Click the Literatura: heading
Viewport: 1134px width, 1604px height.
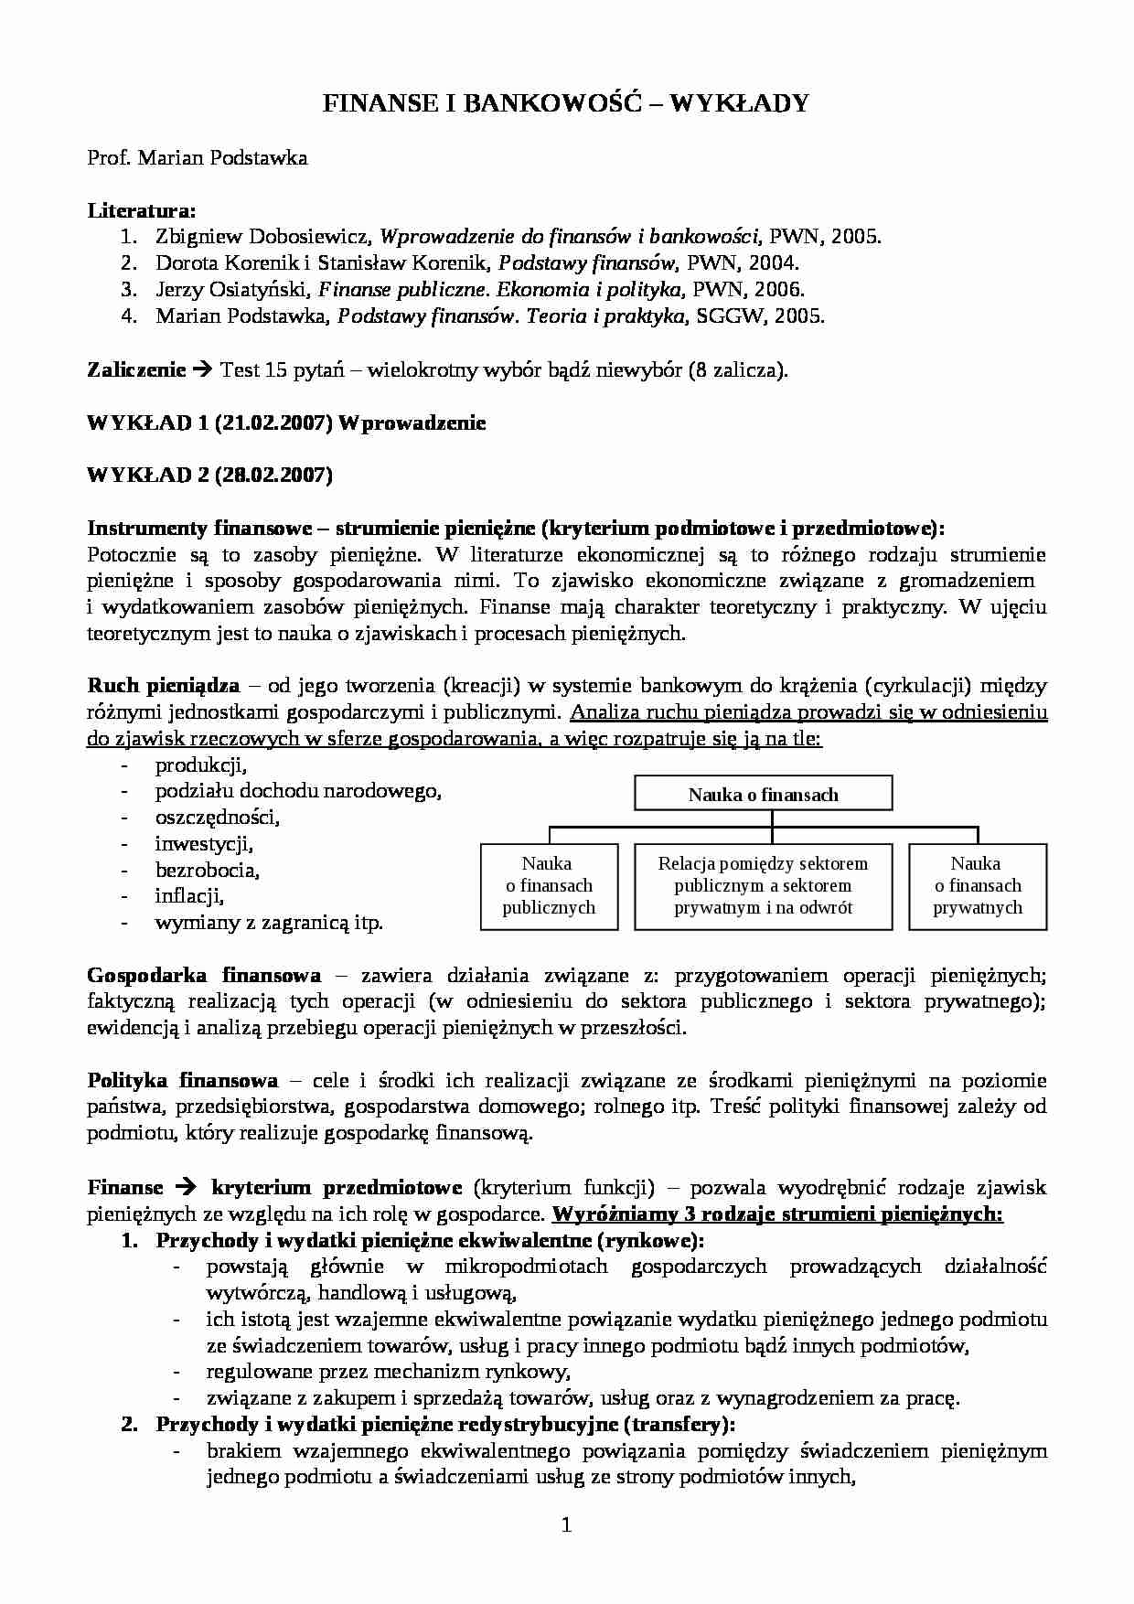[142, 211]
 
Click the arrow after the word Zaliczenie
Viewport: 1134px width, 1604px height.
[203, 370]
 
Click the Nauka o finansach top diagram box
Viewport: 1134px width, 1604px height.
[763, 795]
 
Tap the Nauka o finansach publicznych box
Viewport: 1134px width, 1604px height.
[548, 885]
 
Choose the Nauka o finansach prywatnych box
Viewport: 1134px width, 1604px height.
[977, 885]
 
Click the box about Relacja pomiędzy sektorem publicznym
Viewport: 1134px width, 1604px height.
[763, 885]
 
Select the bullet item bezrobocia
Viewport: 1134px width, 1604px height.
[207, 871]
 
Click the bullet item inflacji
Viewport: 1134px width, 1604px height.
[189, 896]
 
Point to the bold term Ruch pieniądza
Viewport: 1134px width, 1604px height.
[163, 686]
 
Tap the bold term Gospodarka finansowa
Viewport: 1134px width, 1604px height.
[203, 975]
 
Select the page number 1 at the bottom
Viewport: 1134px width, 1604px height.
[566, 1524]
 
